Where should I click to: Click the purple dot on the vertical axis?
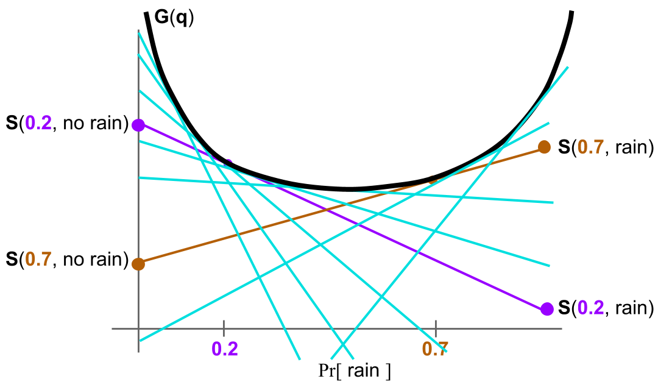pyautogui.click(x=138, y=125)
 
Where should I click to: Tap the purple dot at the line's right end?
pyautogui.click(x=547, y=309)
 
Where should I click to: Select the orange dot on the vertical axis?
pyautogui.click(x=138, y=264)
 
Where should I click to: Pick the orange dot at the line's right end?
pyautogui.click(x=545, y=147)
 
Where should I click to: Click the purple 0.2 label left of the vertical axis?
pyautogui.click(x=38, y=123)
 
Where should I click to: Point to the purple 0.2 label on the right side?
pyautogui.click(x=591, y=308)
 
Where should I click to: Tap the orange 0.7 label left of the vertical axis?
pyautogui.click(x=38, y=260)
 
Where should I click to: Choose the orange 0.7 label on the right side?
pyautogui.click(x=591, y=147)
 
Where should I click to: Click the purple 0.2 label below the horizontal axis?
pyautogui.click(x=225, y=349)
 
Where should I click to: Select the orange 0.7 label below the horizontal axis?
pyautogui.click(x=435, y=349)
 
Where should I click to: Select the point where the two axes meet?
pyautogui.click(x=139, y=328)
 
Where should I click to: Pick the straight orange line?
pyautogui.click(x=244, y=233)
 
